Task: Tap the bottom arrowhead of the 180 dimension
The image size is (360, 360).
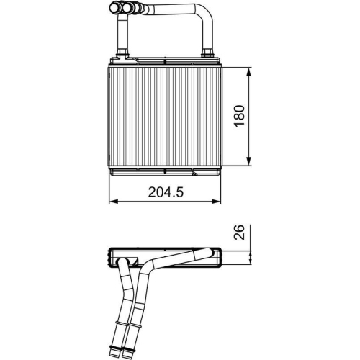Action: (249, 163)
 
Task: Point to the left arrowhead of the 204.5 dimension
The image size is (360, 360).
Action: (112, 202)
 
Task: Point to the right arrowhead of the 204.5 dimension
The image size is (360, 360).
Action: (218, 202)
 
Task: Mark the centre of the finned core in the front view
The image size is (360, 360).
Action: (165, 117)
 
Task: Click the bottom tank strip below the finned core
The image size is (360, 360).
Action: (165, 171)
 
